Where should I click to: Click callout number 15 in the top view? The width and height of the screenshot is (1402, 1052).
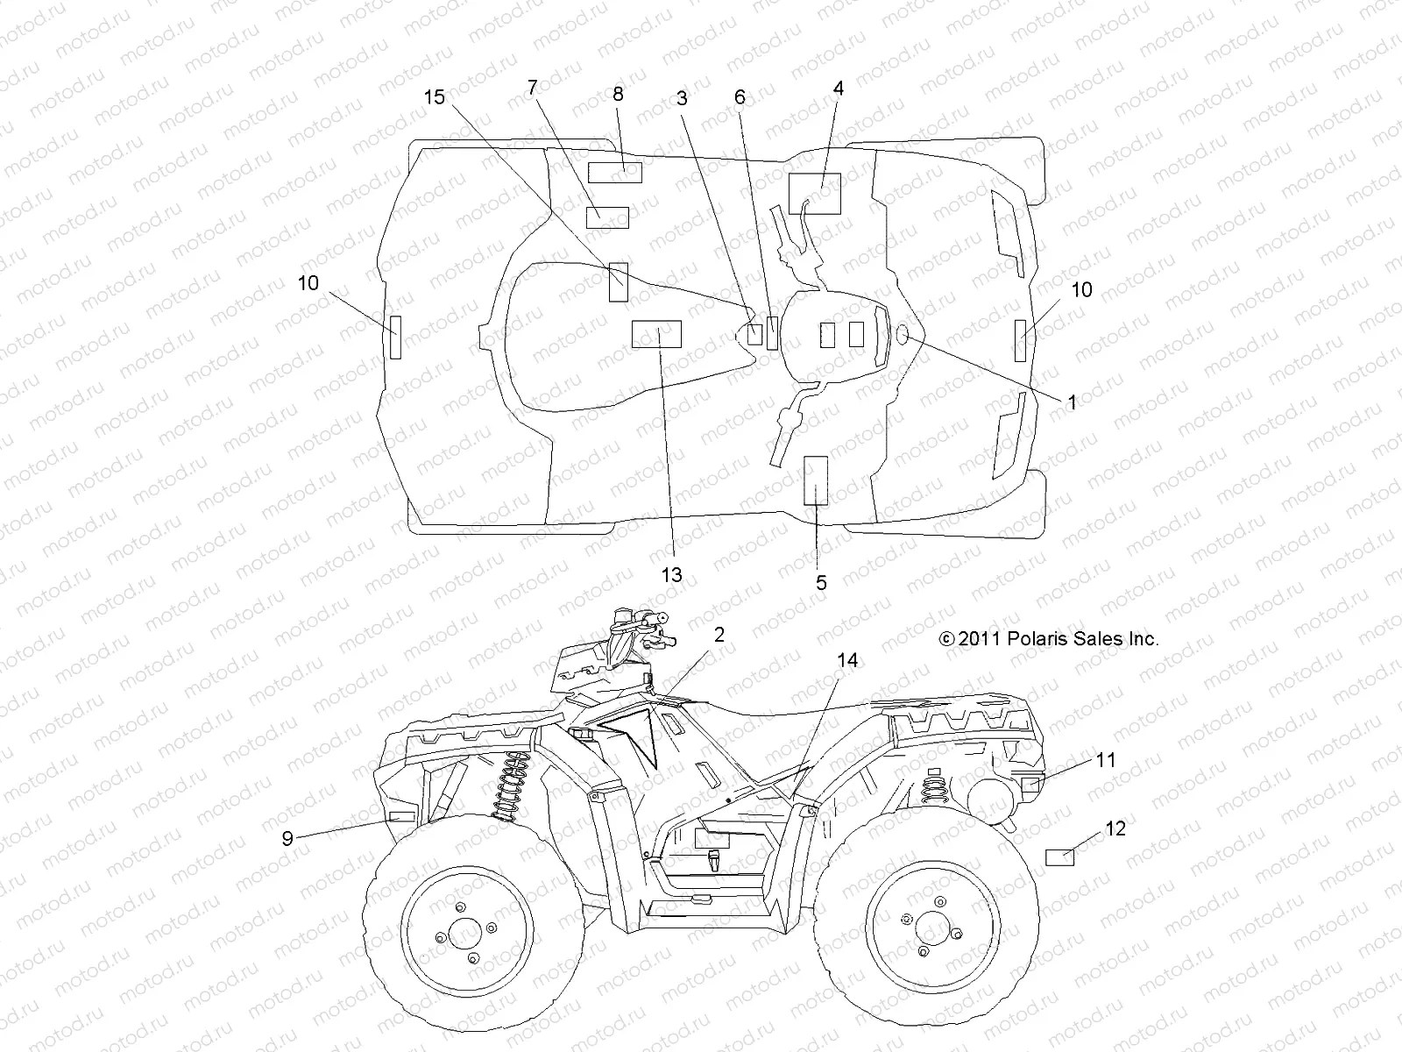point(435,97)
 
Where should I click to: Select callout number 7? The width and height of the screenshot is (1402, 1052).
point(532,88)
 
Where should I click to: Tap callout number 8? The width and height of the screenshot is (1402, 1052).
point(619,95)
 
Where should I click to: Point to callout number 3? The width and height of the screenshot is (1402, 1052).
point(682,98)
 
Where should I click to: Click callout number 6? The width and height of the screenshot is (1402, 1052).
point(740,97)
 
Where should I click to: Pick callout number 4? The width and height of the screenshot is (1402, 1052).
point(839,89)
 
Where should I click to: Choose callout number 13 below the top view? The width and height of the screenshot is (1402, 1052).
point(671,575)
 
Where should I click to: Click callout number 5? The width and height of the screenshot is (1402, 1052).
point(821,583)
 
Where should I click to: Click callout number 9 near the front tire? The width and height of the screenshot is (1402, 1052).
point(287,838)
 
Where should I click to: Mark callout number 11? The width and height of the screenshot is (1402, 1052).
point(1107,760)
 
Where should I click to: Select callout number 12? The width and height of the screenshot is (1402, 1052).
point(1115,828)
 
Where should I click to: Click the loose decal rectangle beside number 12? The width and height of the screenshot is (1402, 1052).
point(1061,857)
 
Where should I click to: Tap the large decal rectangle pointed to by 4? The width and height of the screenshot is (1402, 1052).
point(814,194)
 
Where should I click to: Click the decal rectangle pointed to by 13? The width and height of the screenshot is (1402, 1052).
point(656,334)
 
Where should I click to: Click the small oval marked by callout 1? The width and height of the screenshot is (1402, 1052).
point(903,334)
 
